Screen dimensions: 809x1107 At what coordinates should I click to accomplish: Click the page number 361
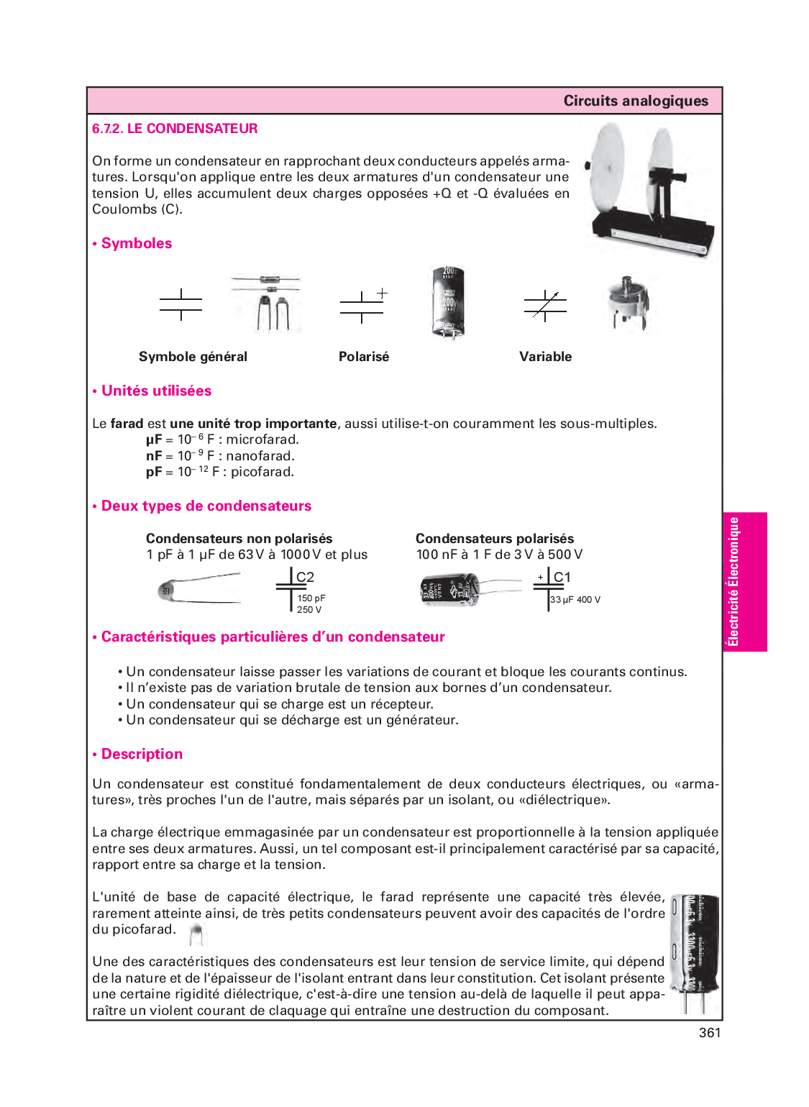point(710,1032)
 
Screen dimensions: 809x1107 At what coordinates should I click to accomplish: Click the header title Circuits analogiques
point(636,101)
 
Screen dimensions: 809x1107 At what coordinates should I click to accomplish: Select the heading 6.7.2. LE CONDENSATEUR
point(175,129)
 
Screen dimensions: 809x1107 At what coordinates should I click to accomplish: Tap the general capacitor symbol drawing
point(181,304)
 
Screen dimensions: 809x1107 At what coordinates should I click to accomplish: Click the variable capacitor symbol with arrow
point(545,306)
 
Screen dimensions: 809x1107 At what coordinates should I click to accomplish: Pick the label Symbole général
point(193,356)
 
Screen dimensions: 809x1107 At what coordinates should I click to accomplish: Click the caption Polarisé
point(364,356)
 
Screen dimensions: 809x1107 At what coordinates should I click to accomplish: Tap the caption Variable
point(545,356)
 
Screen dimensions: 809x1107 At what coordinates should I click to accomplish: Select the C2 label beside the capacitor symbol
point(305,577)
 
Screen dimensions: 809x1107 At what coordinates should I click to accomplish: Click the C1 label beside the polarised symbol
point(562,577)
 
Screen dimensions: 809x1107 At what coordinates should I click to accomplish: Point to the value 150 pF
point(311,598)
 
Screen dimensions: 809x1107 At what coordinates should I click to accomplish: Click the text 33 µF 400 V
point(575,599)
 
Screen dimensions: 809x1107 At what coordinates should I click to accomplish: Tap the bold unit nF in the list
point(154,455)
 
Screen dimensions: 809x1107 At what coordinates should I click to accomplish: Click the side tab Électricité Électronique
point(733,582)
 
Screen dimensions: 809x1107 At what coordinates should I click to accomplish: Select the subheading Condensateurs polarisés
point(495,538)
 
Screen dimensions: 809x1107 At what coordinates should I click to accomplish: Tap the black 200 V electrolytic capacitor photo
point(448,302)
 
